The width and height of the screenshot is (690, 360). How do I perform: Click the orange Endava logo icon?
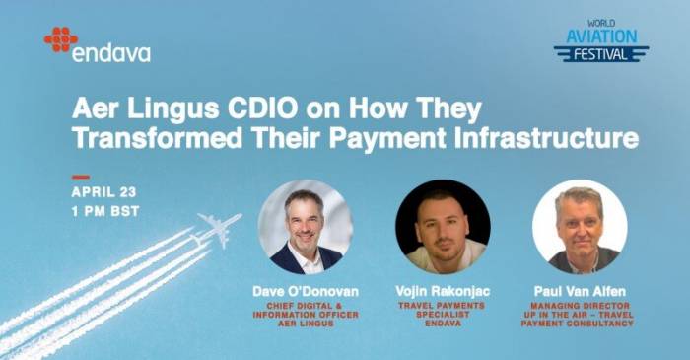click(60, 38)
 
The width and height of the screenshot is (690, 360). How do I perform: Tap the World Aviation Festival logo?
click(599, 39)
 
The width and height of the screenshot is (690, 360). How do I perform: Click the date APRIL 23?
click(102, 192)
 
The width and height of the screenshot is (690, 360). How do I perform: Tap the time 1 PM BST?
click(105, 211)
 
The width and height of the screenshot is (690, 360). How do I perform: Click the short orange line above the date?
click(80, 178)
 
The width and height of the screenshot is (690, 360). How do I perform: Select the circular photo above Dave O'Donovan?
click(306, 226)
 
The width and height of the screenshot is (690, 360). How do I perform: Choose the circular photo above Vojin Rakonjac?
click(443, 226)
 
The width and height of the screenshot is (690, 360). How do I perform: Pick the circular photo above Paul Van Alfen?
click(580, 226)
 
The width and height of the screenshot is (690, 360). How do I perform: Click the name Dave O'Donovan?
click(306, 292)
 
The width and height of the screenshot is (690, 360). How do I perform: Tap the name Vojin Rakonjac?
click(443, 292)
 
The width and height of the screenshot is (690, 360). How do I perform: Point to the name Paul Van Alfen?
click(580, 292)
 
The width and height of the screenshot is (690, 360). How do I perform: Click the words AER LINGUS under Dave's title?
click(306, 324)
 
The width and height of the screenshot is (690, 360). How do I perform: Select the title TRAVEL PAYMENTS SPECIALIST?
click(443, 311)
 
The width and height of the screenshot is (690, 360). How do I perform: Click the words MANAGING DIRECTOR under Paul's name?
click(580, 306)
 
